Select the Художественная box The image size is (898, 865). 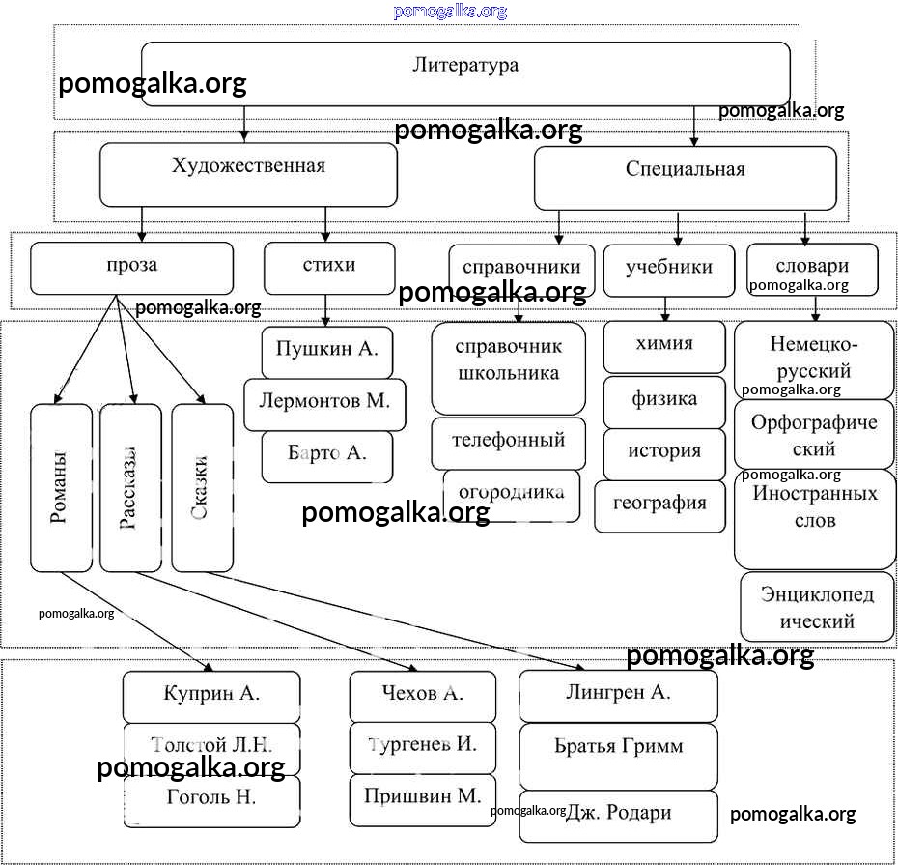pos(248,174)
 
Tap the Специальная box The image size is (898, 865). pos(685,178)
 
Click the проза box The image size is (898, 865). pos(131,268)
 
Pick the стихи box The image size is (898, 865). pos(329,268)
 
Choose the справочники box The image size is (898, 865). pos(521,270)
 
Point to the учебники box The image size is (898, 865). pos(668,270)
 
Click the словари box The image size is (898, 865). pos(812,270)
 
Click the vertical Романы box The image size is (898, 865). pos(61,488)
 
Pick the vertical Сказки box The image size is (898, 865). pos(202,488)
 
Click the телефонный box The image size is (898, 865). pos(508,443)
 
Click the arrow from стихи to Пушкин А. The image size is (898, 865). pos(326,311)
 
